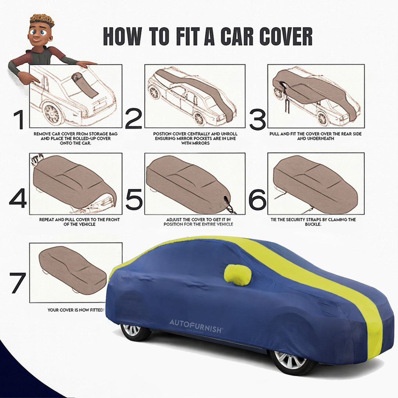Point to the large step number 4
click(18, 199)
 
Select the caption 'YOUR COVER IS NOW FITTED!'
click(76, 310)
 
